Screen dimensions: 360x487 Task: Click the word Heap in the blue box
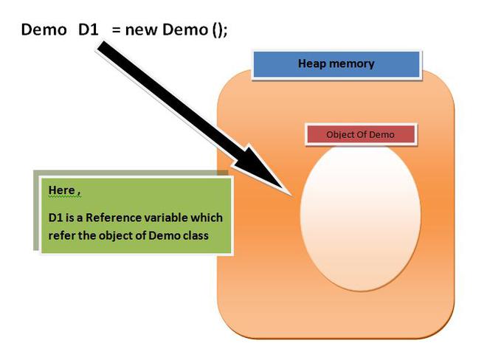pos(312,63)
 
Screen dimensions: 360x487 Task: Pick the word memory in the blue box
pos(352,63)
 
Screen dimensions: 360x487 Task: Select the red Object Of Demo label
pos(361,134)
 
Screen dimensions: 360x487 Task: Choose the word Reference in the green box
pos(122,218)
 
